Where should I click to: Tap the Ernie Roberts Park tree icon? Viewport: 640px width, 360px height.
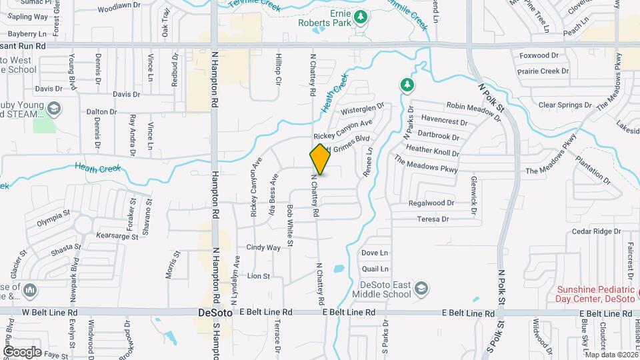(x=361, y=16)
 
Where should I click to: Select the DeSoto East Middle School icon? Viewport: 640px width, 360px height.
(x=421, y=288)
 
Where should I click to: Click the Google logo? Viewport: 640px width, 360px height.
(x=22, y=352)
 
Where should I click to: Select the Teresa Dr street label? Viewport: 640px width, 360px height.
(x=433, y=219)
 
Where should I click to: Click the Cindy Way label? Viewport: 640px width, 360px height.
(x=263, y=247)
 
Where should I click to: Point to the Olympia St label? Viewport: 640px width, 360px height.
(x=53, y=215)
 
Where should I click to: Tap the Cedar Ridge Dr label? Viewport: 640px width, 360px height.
(x=597, y=231)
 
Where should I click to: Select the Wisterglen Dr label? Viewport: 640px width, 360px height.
(x=363, y=109)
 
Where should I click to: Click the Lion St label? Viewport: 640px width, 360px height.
(x=259, y=275)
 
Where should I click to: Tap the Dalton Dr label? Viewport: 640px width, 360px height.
(x=102, y=112)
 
